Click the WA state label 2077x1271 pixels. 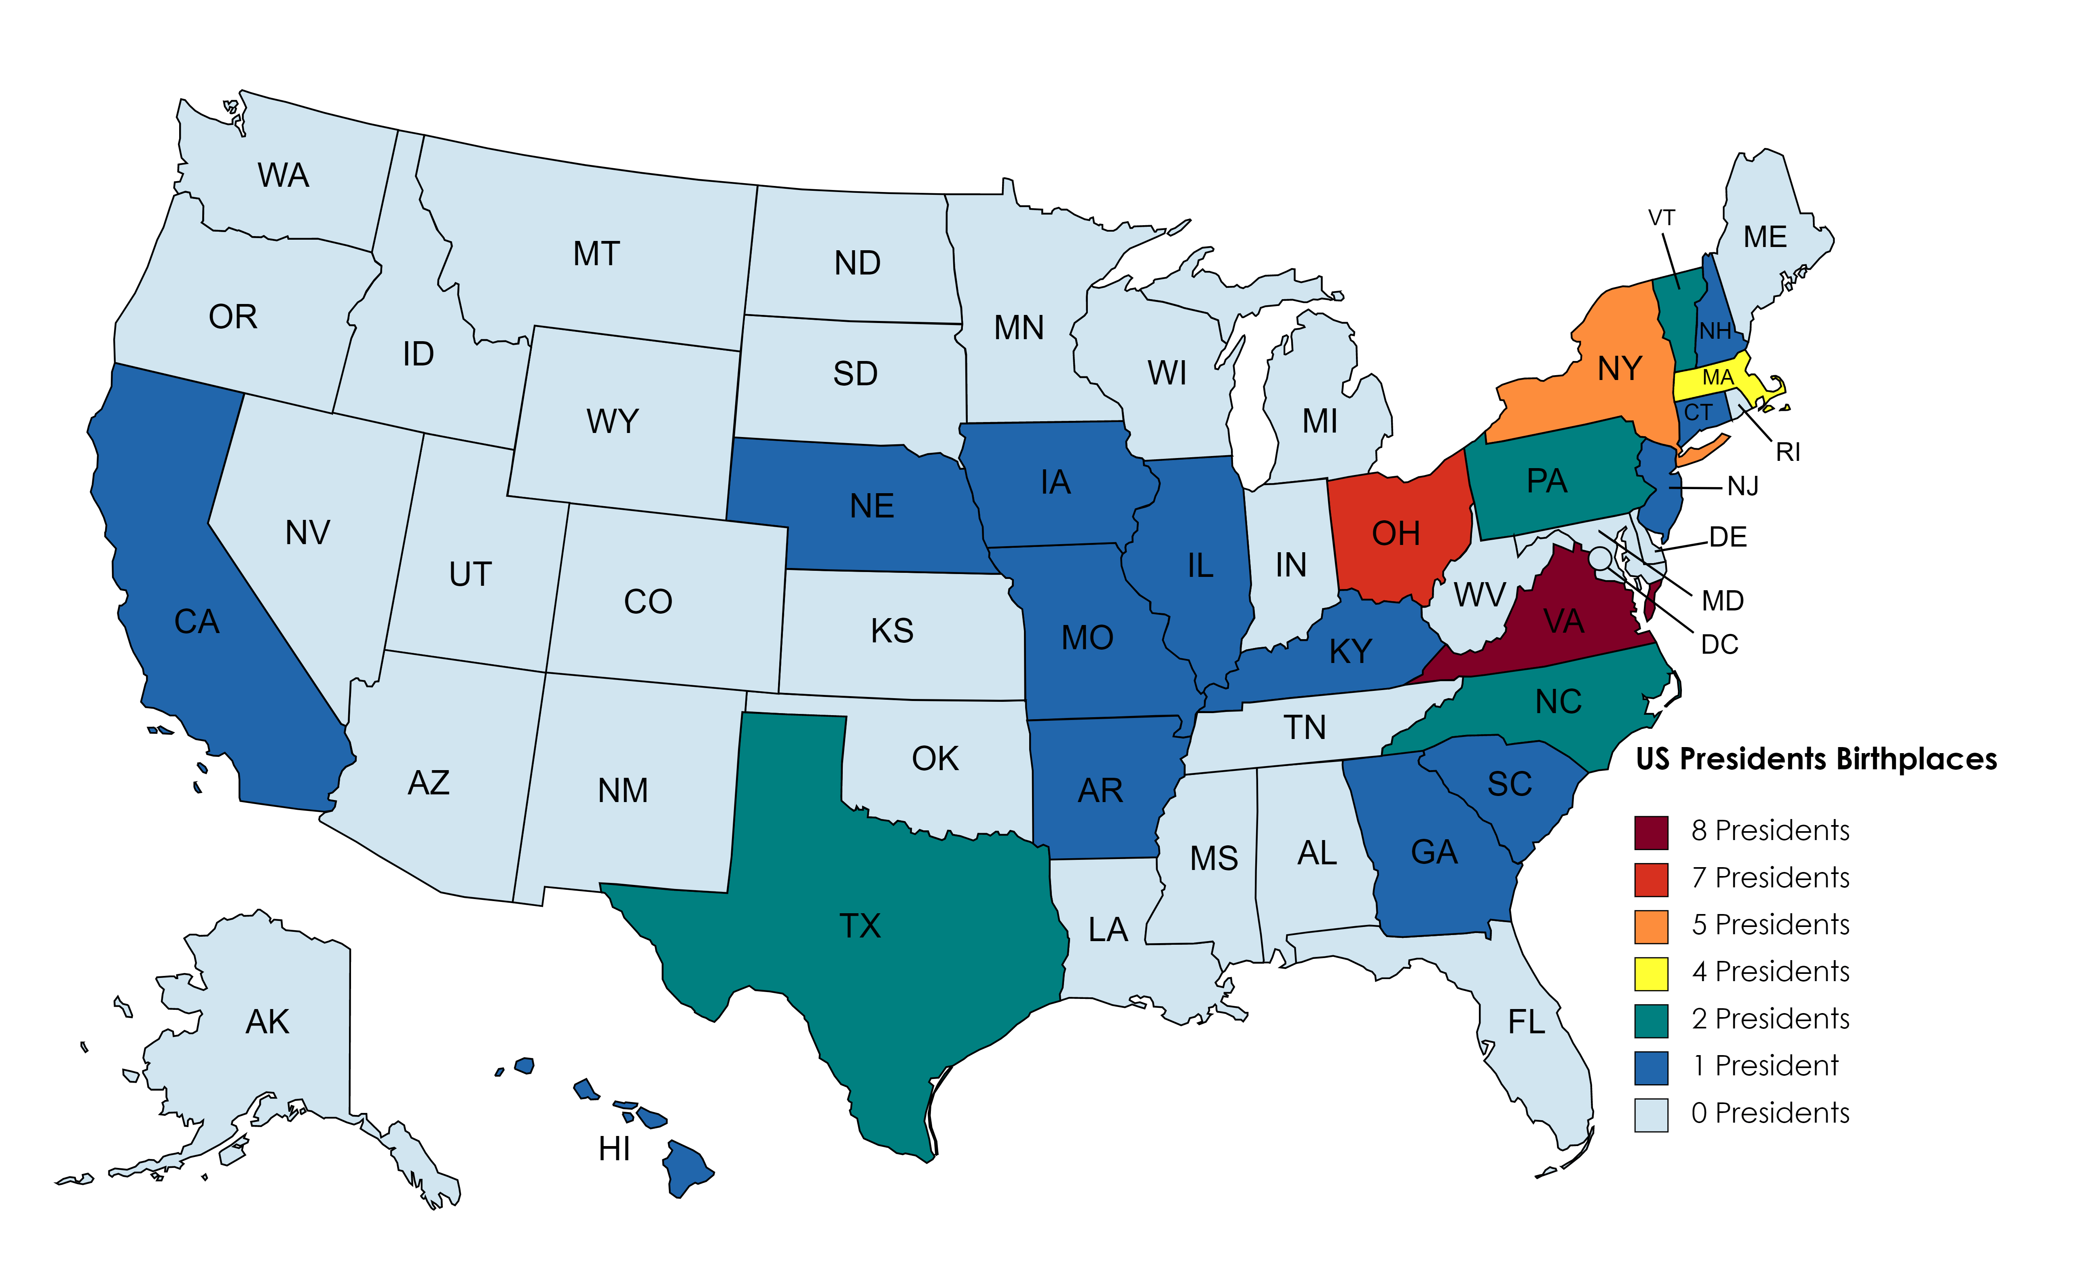pos(283,175)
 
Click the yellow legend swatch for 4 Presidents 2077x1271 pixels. pos(1650,973)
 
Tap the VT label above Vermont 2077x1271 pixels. pos(1661,218)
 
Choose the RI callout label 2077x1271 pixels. pos(1788,453)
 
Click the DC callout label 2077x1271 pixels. pos(1720,645)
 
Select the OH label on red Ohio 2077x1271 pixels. pos(1396,534)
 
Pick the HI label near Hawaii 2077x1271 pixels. pos(615,1149)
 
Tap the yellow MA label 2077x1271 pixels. pos(1717,378)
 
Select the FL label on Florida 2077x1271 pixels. pos(1527,1022)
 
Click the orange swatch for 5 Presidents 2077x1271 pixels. pos(1650,926)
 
